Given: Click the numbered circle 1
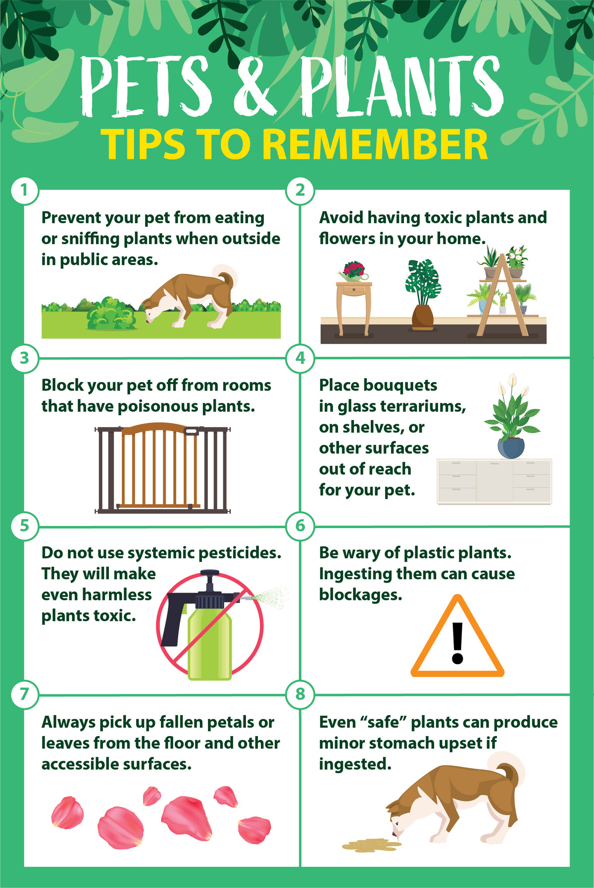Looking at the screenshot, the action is point(24,190).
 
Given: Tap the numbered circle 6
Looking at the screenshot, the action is point(300,526).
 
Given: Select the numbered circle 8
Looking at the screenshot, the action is point(300,694).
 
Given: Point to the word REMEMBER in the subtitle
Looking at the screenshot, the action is point(375,144).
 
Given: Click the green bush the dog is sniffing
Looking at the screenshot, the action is point(111,314).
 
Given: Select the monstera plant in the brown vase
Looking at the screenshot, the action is point(422,283).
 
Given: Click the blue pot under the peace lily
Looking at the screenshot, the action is point(511,448).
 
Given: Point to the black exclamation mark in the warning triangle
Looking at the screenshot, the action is point(458,642).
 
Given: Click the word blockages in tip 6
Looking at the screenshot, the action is point(360,595).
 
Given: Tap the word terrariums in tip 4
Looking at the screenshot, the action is point(424,406).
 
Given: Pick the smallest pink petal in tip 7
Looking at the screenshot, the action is point(151,796).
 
